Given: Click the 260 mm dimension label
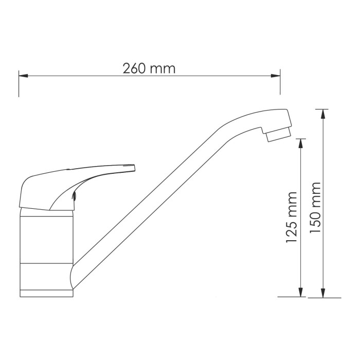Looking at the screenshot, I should (x=150, y=68).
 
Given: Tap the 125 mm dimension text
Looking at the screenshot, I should (x=292, y=218).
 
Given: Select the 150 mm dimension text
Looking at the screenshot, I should (x=316, y=208).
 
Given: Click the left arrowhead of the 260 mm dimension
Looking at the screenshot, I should (x=23, y=76).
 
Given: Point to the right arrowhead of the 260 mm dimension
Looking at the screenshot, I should (x=276, y=76).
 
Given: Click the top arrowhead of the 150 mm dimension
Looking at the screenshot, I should (x=322, y=113).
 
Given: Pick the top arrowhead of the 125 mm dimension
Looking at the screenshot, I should (x=300, y=142).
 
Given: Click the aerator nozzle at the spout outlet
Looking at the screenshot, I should (x=278, y=135).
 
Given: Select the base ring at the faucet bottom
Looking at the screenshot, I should (x=46, y=294).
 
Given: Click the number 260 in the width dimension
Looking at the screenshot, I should (x=134, y=68).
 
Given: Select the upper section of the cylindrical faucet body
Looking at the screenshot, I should (x=46, y=237).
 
